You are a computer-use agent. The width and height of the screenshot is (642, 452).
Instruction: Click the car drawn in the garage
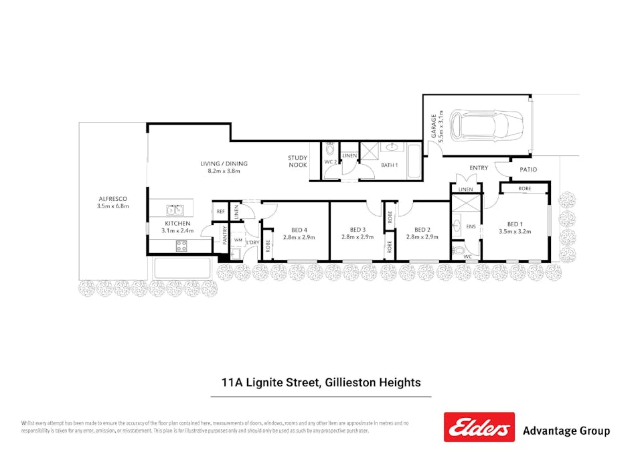coord(486,125)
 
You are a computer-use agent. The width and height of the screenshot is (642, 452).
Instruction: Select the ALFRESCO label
coord(112,199)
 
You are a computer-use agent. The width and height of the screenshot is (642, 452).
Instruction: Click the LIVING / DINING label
coord(224,163)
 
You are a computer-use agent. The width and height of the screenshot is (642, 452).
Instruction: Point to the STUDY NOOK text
coord(298,161)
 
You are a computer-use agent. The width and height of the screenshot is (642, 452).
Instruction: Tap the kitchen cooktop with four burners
coord(181,246)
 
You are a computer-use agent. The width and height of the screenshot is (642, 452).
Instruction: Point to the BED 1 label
coord(514,224)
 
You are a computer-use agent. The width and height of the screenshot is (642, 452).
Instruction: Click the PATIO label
coord(528,169)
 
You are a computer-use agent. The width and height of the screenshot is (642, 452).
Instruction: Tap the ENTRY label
coord(479,168)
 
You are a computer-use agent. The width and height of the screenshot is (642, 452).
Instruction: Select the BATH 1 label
coord(390,165)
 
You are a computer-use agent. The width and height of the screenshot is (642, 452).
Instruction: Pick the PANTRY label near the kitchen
coord(225,239)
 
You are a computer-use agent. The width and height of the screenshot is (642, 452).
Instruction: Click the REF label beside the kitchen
coord(220,212)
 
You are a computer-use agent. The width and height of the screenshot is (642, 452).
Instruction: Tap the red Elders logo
coord(479,427)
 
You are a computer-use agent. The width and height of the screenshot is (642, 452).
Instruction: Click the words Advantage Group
coord(566,431)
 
